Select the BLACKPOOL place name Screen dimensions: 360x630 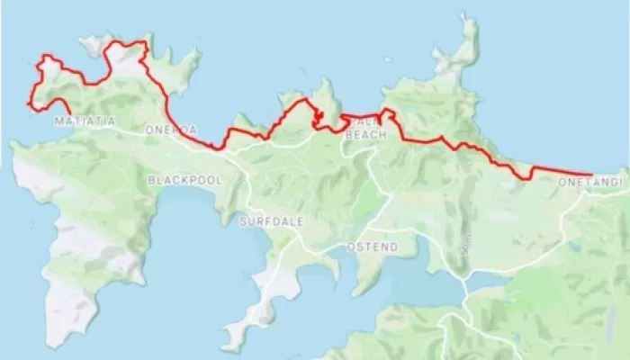pos(184,180)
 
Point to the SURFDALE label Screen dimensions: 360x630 pos(265,221)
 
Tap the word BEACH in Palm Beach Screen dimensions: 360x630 pos(371,134)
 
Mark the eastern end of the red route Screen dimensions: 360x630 pos(591,174)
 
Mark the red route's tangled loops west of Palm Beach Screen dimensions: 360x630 pos(318,118)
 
